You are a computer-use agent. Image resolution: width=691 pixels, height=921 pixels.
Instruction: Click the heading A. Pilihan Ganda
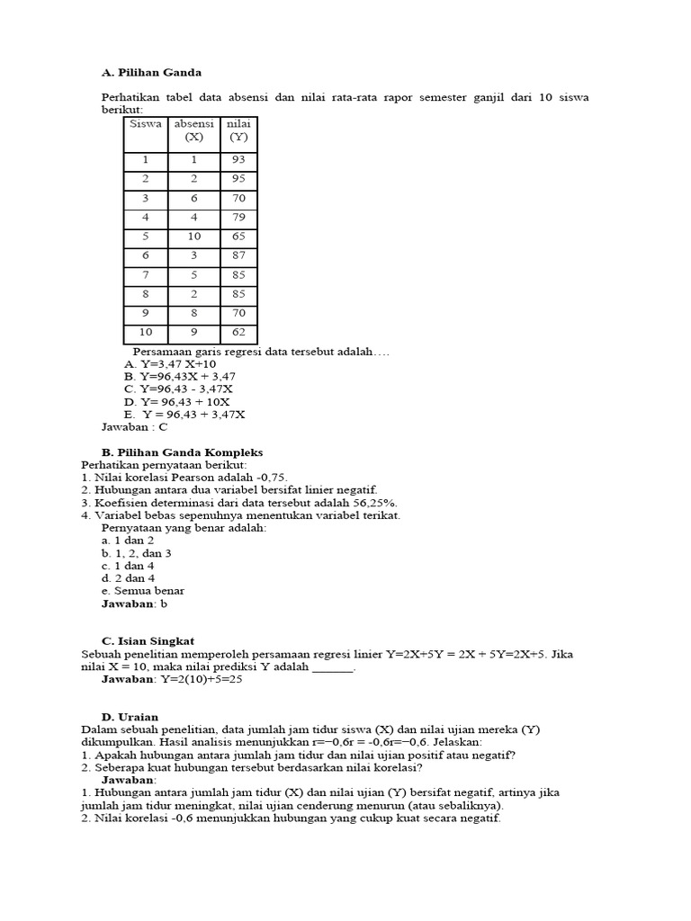pos(151,72)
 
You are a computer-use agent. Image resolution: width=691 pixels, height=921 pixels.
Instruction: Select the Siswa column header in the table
pos(146,124)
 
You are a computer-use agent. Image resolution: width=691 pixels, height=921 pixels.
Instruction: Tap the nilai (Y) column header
pos(238,130)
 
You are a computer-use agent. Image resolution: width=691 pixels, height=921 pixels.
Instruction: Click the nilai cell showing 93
pos(238,159)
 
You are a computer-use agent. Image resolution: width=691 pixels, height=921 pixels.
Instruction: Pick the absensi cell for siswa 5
pos(193,237)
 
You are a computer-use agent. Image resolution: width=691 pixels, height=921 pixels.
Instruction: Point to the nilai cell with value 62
pos(238,333)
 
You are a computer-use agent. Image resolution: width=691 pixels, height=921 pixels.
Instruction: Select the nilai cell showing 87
pos(238,255)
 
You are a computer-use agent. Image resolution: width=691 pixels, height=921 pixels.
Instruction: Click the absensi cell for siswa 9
pos(193,314)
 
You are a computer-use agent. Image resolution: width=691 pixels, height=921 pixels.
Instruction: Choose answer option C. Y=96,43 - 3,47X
pos(179,389)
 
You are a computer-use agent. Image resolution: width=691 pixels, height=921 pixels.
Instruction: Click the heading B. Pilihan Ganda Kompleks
pos(182,452)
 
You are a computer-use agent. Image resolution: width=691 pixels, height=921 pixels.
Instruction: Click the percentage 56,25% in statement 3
pos(372,503)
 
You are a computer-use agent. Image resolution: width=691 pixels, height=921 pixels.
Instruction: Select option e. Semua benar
pos(143,591)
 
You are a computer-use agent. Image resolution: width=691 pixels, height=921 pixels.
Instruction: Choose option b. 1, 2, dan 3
pos(136,553)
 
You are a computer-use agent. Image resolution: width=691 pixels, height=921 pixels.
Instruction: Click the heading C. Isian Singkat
pos(148,641)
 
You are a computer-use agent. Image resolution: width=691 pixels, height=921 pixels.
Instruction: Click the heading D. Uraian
pos(130,717)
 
